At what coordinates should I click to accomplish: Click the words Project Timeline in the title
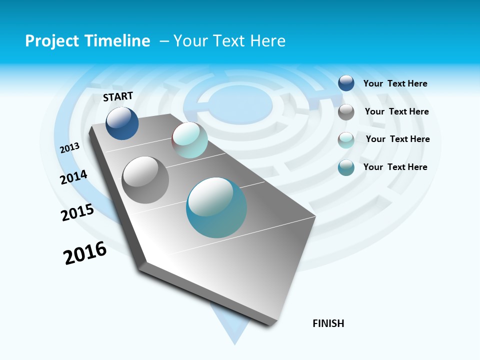click(x=87, y=41)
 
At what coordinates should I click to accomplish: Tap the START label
click(x=118, y=96)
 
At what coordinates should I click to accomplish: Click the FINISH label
click(x=328, y=323)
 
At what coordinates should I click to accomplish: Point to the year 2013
click(x=70, y=148)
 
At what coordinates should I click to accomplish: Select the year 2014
click(x=74, y=177)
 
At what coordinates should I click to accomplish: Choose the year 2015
click(x=77, y=212)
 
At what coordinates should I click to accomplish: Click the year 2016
click(x=85, y=253)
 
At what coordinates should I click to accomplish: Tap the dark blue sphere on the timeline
click(x=122, y=123)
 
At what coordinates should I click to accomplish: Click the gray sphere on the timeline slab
click(x=145, y=180)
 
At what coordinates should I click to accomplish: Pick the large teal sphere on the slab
click(x=216, y=207)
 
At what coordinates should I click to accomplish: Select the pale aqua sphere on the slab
click(x=189, y=140)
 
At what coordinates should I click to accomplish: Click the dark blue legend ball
click(x=346, y=83)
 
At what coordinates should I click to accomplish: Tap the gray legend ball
click(x=346, y=111)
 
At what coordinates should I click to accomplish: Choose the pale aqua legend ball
click(x=346, y=139)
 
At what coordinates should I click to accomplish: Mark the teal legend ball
click(x=346, y=167)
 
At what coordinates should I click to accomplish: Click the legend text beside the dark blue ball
click(x=395, y=84)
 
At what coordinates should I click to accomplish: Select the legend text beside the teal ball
click(x=395, y=167)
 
